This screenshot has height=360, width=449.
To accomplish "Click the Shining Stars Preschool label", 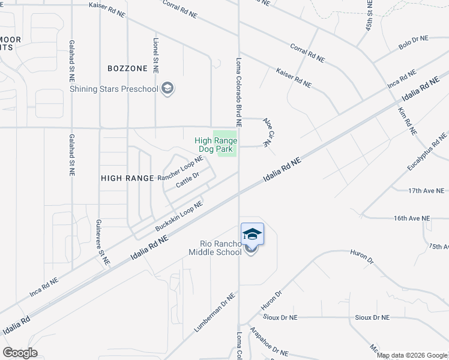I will pyautogui.click(x=114, y=89).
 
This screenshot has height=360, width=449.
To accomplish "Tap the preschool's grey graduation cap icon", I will pyautogui.click(x=168, y=89).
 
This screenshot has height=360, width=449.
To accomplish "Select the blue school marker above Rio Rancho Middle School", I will pyautogui.click(x=252, y=234).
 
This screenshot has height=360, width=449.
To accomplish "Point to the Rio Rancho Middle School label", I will pyautogui.click(x=221, y=248).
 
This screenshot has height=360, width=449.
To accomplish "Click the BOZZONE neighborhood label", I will pyautogui.click(x=127, y=69).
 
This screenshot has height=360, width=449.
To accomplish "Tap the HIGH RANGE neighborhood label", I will pyautogui.click(x=125, y=178).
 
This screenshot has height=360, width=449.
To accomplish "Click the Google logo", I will pyautogui.click(x=20, y=353).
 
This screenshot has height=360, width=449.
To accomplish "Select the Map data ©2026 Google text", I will pyautogui.click(x=411, y=355).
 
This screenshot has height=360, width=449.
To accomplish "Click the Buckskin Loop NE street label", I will pyautogui.click(x=179, y=217).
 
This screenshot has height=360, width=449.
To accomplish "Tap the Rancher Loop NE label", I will pyautogui.click(x=180, y=169).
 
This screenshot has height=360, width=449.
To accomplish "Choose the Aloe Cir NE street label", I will pyautogui.click(x=268, y=133).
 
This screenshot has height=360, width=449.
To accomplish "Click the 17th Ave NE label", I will pyautogui.click(x=426, y=191).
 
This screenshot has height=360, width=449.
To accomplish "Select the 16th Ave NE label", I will pyautogui.click(x=412, y=218).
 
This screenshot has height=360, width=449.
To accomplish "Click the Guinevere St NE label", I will pyautogui.click(x=101, y=242).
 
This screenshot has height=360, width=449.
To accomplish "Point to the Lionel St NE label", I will pyautogui.click(x=155, y=56).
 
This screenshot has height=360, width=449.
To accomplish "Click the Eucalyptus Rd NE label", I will pyautogui.click(x=427, y=150).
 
